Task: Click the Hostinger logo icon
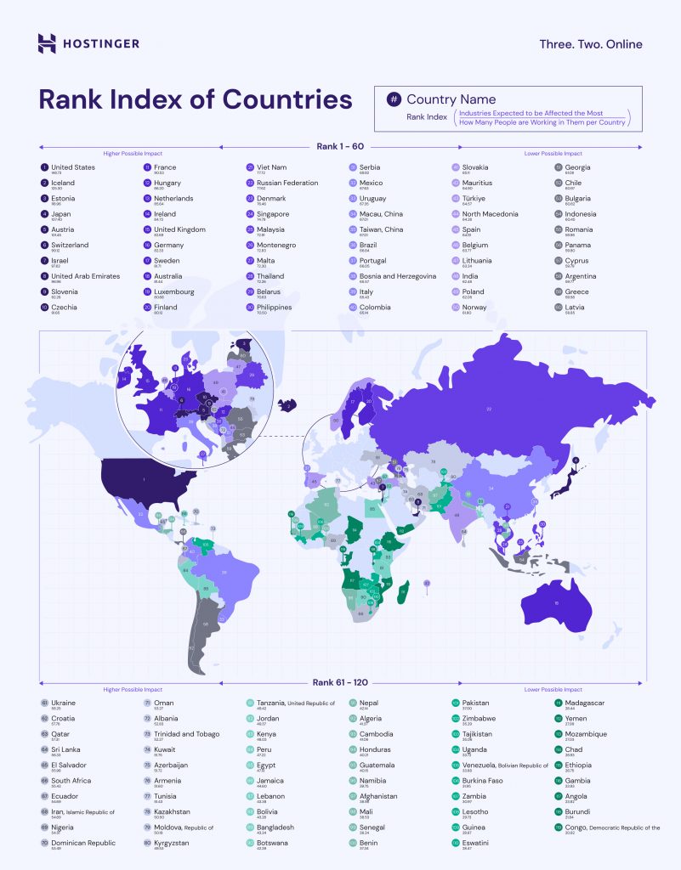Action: pyautogui.click(x=48, y=43)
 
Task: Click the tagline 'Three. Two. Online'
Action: pyautogui.click(x=591, y=44)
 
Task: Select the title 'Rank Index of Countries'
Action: pyautogui.click(x=196, y=99)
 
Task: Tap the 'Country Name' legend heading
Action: pyautogui.click(x=451, y=99)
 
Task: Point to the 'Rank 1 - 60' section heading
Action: pyautogui.click(x=340, y=146)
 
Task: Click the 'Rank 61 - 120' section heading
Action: pyautogui.click(x=340, y=682)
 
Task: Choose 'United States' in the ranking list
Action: pyautogui.click(x=72, y=167)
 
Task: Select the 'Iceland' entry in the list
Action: pyautogui.click(x=62, y=183)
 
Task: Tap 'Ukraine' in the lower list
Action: pyautogui.click(x=63, y=703)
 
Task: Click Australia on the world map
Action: pyautogui.click(x=554, y=602)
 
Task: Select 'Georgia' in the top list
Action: pyautogui.click(x=576, y=167)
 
